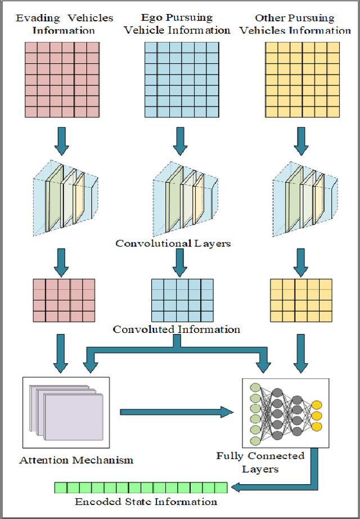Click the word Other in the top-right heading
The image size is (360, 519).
coord(272,19)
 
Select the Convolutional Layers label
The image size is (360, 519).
coord(173,243)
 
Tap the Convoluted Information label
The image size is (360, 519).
coord(177,329)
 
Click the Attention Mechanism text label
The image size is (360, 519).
coord(76,460)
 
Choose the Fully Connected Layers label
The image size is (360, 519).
coord(260,462)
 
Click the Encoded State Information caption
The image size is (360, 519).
coord(146,502)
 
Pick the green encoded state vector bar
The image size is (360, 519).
coord(141,488)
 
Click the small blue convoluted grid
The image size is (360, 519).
coord(182,300)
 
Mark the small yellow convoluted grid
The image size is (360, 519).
coord(301,300)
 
